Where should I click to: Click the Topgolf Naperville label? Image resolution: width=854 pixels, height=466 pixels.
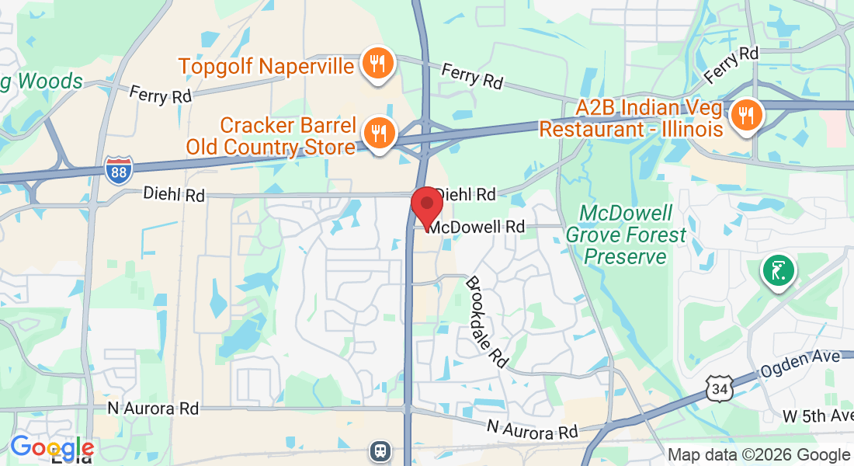click(x=267, y=65)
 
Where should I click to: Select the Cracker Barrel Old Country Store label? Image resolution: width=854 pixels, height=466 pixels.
click(x=271, y=135)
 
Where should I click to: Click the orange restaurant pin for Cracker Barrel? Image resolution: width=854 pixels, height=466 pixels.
click(x=379, y=134)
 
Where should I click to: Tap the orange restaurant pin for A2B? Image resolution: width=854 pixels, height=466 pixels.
click(x=746, y=115)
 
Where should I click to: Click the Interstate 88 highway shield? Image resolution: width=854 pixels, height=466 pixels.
click(x=118, y=169)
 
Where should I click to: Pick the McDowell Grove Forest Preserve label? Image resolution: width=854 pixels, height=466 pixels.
click(x=626, y=235)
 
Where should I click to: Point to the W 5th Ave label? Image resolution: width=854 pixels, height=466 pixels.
click(x=817, y=416)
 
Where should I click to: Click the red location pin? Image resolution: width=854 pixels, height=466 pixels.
click(x=426, y=207)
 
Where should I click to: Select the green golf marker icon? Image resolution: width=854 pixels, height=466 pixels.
click(x=778, y=272)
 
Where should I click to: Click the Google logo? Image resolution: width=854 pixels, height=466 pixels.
click(x=52, y=447)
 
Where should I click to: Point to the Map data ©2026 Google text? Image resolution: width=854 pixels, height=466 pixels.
click(x=759, y=455)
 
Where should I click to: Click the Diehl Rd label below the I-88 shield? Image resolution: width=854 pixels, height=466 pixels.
click(x=174, y=195)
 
